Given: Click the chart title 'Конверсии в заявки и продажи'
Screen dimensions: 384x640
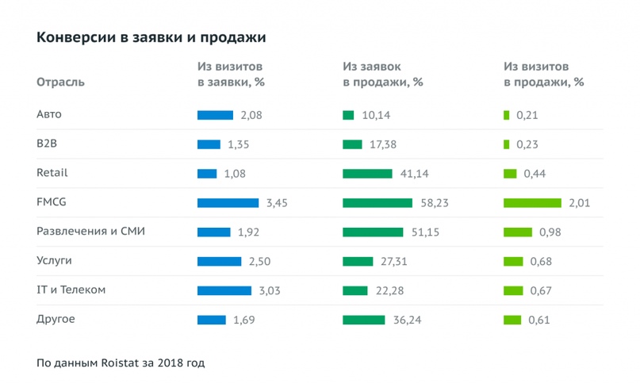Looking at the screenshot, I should [x=151, y=37].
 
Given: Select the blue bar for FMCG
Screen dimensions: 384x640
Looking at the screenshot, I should [x=228, y=203].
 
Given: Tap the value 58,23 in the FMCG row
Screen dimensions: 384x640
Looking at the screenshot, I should [x=435, y=203].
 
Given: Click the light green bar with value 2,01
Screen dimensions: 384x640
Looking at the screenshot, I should [x=532, y=203].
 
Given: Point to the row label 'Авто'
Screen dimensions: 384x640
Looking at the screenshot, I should [x=49, y=115].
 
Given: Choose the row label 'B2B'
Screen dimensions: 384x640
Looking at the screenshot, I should [x=47, y=144].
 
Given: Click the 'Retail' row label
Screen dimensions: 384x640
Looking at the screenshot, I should [x=52, y=173].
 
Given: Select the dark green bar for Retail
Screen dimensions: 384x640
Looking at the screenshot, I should [x=367, y=174].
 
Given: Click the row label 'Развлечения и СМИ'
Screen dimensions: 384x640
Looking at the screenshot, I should [x=90, y=232].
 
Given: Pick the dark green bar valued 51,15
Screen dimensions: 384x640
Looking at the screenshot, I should [x=373, y=232].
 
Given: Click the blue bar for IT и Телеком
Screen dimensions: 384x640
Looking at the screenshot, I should [x=224, y=290].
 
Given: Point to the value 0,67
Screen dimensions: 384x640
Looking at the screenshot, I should [x=539, y=290].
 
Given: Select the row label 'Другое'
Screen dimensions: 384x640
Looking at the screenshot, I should [x=56, y=320].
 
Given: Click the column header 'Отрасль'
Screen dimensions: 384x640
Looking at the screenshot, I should [x=60, y=82].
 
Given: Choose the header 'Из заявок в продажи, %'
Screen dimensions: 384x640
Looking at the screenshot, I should [x=382, y=75].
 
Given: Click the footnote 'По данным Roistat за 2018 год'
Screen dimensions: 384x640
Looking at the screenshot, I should [x=120, y=363].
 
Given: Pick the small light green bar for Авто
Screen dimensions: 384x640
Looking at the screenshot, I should [x=506, y=115].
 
